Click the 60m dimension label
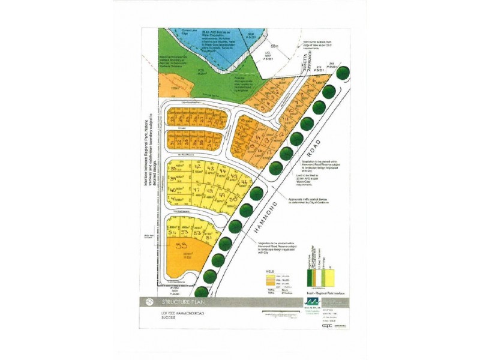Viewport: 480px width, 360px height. [275, 46]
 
